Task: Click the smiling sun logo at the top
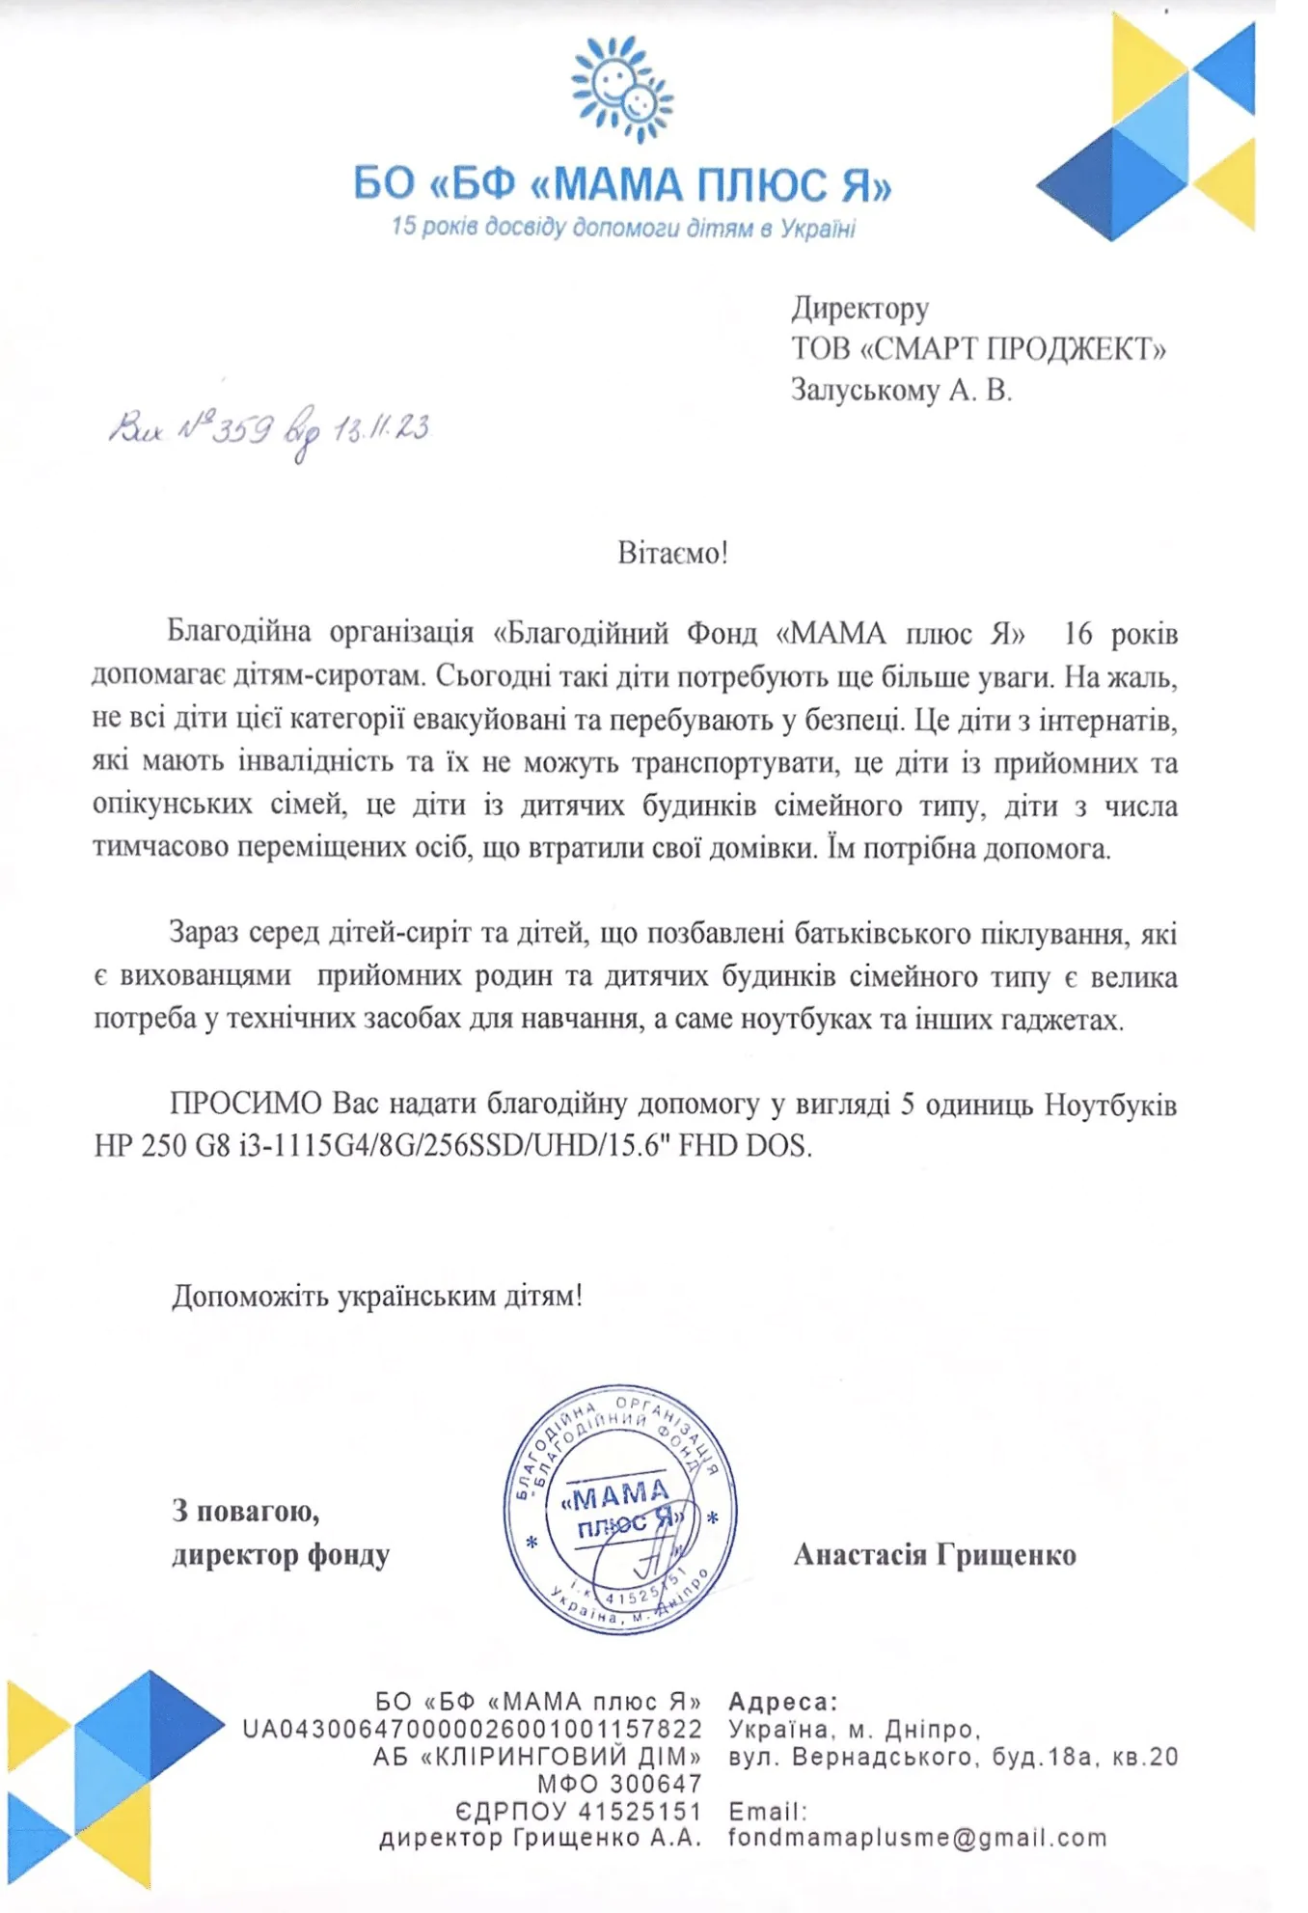click(622, 89)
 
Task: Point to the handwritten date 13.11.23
click(381, 428)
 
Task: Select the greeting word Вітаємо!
click(672, 554)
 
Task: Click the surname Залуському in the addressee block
click(864, 390)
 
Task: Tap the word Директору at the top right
click(859, 308)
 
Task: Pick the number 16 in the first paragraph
click(1077, 634)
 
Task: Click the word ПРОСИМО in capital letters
click(246, 1104)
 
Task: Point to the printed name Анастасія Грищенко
click(934, 1555)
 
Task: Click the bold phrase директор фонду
click(281, 1555)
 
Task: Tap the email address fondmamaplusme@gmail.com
click(917, 1838)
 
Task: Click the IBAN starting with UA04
click(472, 1729)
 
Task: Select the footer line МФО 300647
click(619, 1784)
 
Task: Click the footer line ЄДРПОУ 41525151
click(578, 1811)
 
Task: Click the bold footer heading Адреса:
click(783, 1702)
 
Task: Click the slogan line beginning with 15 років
click(623, 229)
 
